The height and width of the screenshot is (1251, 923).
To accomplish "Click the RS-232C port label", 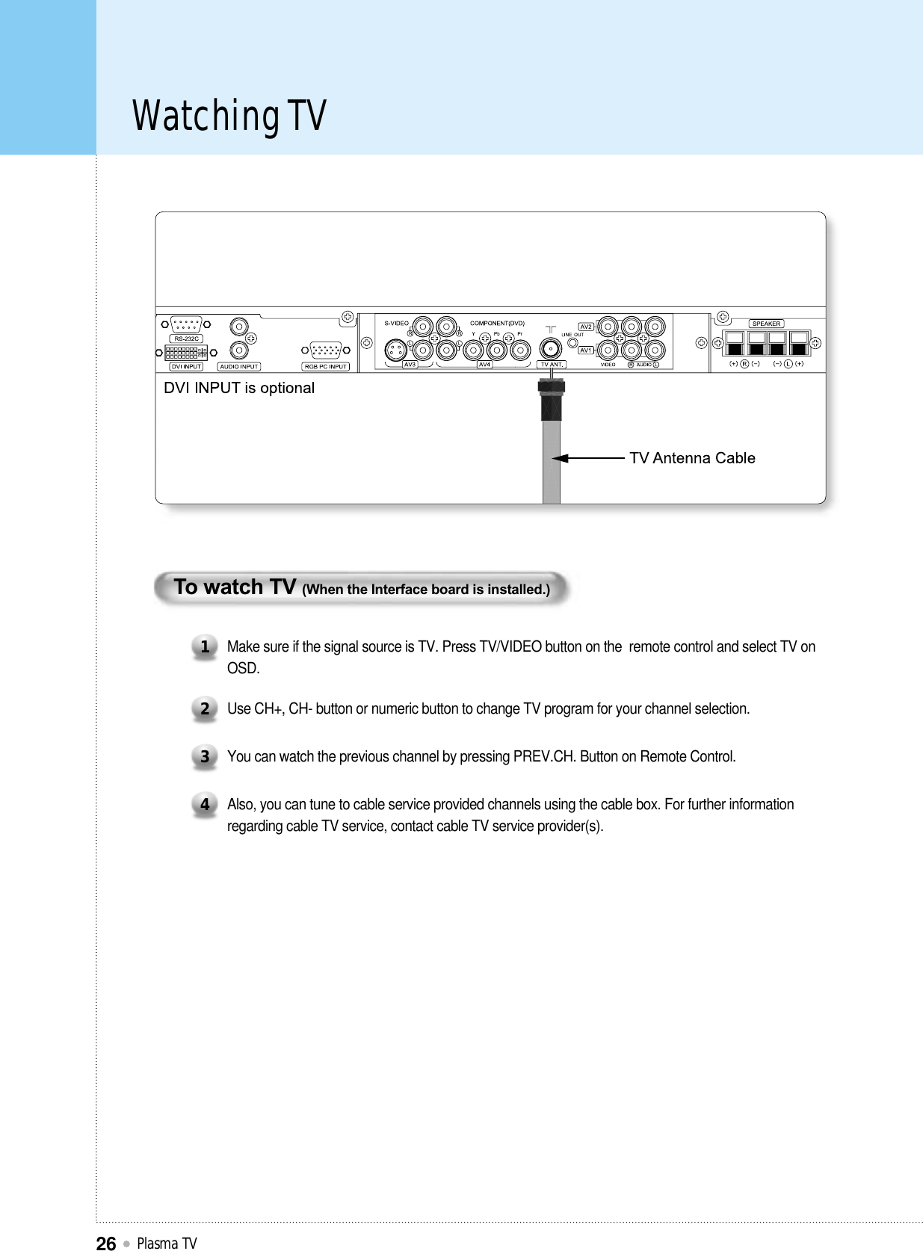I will click(x=186, y=339).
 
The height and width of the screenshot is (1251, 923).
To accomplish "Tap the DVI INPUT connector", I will click(x=185, y=353).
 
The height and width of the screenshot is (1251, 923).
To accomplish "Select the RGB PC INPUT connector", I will click(x=326, y=350).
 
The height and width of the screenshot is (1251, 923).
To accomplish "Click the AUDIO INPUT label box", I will click(x=239, y=367).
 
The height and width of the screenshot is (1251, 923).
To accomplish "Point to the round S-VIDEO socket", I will click(x=395, y=350).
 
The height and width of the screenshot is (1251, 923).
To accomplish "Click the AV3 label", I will click(x=410, y=365).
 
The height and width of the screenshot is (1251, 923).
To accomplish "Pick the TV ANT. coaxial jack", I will click(x=551, y=349).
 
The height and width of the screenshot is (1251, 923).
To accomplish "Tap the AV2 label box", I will click(x=586, y=327).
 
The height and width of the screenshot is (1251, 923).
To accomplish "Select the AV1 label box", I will click(x=586, y=350).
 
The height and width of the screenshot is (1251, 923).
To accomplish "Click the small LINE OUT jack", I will click(x=572, y=343).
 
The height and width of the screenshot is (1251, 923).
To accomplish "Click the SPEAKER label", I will click(x=766, y=324).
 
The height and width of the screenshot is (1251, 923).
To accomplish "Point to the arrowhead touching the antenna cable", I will click(x=558, y=458).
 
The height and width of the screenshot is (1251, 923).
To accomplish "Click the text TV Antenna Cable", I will click(x=692, y=458).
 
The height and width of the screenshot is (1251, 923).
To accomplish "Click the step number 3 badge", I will click(x=204, y=756).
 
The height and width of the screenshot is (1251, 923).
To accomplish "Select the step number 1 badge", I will click(x=204, y=646).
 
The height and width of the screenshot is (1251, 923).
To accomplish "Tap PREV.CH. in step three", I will click(x=544, y=756).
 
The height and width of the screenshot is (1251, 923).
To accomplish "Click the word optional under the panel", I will click(x=287, y=388).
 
